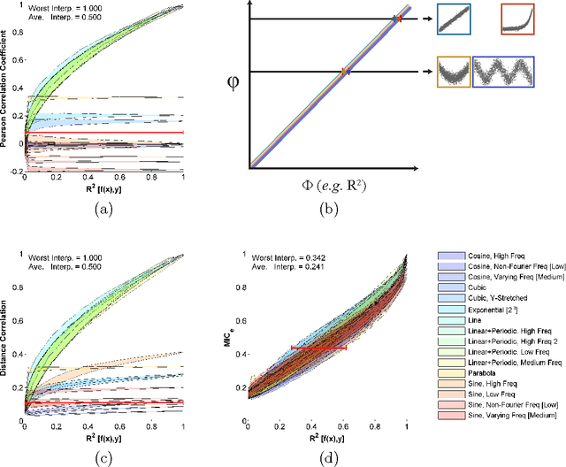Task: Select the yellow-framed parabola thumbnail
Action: point(454,72)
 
